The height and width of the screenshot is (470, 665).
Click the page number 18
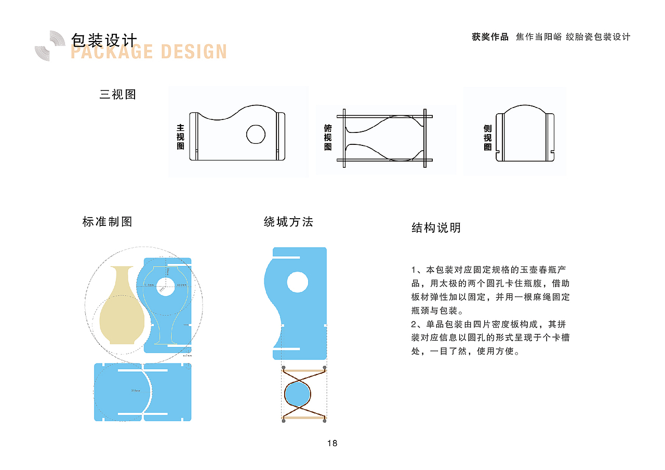click(332, 443)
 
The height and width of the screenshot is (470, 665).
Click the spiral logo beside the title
click(50, 46)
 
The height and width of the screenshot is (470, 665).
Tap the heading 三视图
click(118, 95)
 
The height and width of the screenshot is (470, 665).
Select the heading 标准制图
click(108, 222)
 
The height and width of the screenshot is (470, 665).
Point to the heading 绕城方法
click(288, 222)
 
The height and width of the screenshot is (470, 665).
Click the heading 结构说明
click(436, 227)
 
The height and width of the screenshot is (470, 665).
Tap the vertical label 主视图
click(180, 137)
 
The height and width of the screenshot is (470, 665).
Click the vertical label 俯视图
click(328, 138)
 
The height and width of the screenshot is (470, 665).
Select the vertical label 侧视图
click(487, 138)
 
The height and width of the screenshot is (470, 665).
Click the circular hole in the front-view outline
click(256, 134)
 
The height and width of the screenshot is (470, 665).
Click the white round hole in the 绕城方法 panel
click(297, 282)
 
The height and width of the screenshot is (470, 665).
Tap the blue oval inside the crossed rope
click(297, 394)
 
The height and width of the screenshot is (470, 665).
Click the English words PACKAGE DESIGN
click(149, 52)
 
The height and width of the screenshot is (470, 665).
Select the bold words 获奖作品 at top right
click(490, 37)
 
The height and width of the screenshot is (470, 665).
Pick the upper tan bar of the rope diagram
click(304, 370)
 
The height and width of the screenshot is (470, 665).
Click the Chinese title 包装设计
click(104, 39)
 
